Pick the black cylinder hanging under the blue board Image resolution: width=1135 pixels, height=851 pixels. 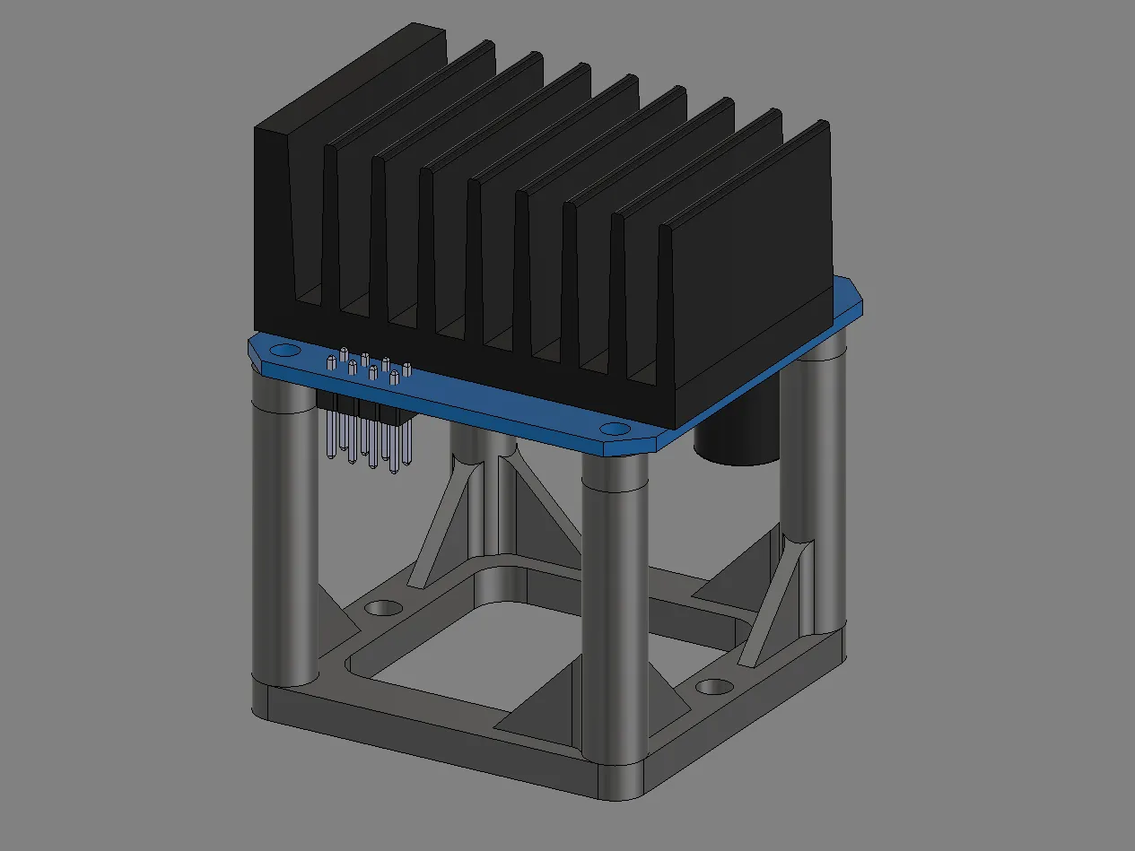click(x=738, y=444)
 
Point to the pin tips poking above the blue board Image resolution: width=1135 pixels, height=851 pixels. click(x=368, y=366)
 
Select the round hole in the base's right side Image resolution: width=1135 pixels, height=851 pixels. click(x=714, y=687)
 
